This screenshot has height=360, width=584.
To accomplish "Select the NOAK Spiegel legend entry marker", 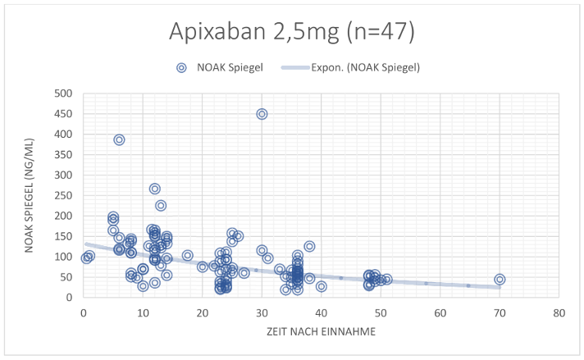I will (x=183, y=68).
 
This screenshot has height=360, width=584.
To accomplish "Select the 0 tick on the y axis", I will (x=71, y=298).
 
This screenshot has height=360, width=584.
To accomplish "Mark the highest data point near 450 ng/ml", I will (x=262, y=114).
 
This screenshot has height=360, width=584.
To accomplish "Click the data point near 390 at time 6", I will (x=119, y=139).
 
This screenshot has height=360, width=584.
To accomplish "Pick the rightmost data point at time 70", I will (x=500, y=279).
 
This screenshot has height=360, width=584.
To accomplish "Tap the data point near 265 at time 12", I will (x=154, y=189).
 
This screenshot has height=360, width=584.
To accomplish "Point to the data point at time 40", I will (x=322, y=286).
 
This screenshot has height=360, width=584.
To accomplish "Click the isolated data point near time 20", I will (x=203, y=267).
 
